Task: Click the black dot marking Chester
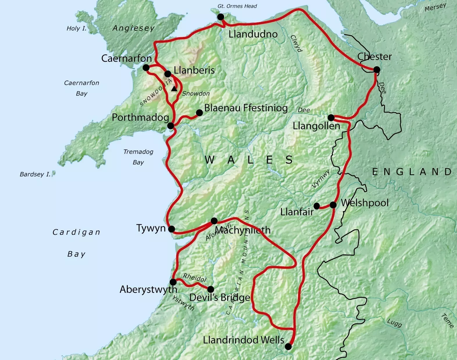tap(376, 69)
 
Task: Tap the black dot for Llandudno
tap(221, 17)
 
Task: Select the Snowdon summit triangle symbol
tap(174, 89)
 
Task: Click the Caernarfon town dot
tap(146, 68)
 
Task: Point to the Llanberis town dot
tap(168, 74)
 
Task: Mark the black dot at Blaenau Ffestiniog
tap(199, 113)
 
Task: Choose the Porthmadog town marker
tap(171, 126)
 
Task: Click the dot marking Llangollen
tap(331, 118)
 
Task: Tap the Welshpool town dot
tap(333, 205)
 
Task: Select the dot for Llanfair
tap(317, 206)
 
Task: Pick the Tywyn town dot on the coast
tap(172, 229)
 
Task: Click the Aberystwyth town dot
tap(173, 282)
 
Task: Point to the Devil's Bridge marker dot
tap(211, 289)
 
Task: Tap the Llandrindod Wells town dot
tap(288, 347)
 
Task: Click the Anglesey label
tap(133, 28)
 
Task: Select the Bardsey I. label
tap(35, 174)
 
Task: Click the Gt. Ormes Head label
tap(237, 6)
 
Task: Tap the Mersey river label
tap(435, 7)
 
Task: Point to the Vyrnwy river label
tap(321, 179)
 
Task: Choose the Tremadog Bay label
tap(138, 157)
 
